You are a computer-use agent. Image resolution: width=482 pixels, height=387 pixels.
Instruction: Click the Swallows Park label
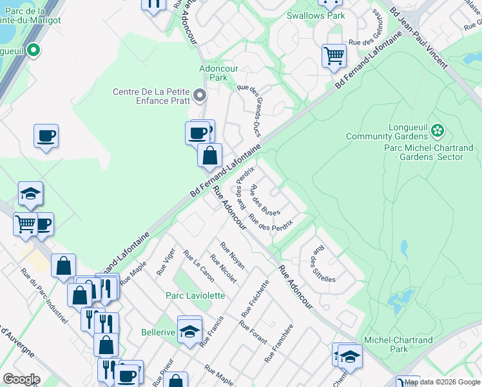[x=316, y=15]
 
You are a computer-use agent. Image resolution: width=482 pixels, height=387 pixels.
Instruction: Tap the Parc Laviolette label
[x=195, y=295]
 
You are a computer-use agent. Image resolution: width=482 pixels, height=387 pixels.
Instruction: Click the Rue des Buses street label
[x=265, y=201]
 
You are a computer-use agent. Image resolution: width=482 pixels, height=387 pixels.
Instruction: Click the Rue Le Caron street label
[x=198, y=266]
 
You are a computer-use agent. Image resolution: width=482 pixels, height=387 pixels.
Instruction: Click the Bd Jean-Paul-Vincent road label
[x=418, y=43]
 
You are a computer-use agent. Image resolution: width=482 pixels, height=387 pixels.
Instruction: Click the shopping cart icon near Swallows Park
[x=334, y=55]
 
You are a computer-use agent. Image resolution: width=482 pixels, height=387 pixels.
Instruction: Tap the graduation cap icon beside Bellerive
[x=189, y=331]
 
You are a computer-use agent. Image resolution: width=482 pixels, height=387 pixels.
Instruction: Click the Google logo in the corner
[x=21, y=379]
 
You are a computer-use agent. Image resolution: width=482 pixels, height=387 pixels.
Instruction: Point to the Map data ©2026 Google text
[x=443, y=382]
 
